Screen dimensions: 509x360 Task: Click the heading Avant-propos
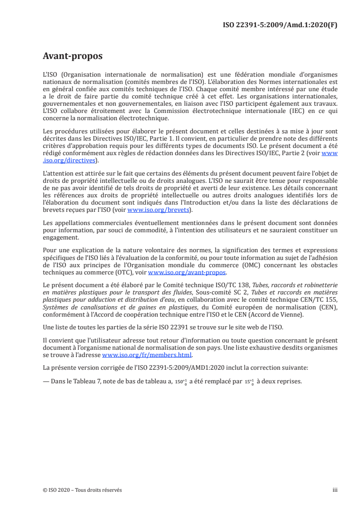click(72, 56)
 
